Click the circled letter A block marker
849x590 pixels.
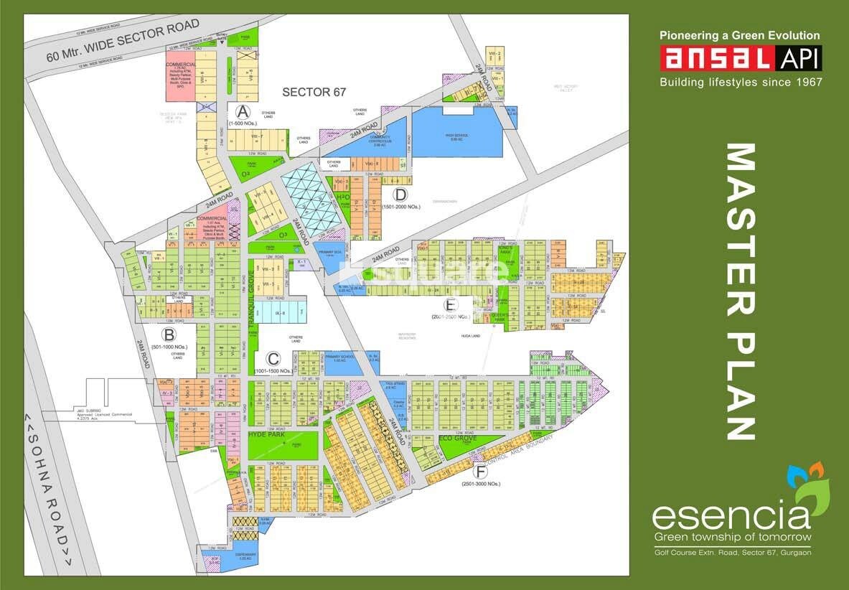tap(243, 112)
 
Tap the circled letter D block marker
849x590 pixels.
tap(400, 195)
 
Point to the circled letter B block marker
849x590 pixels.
tap(169, 334)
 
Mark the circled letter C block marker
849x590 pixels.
tap(273, 358)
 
